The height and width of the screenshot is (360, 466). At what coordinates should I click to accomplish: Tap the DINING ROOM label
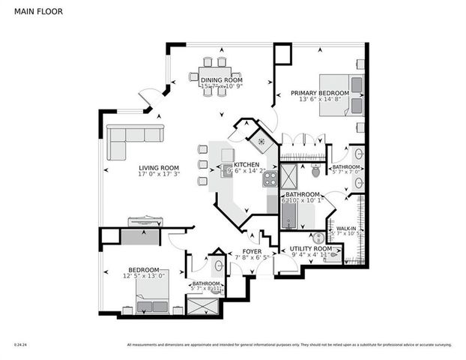222,79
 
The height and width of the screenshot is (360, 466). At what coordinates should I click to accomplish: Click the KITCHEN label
246,165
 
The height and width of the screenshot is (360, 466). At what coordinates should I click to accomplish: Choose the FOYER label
251,252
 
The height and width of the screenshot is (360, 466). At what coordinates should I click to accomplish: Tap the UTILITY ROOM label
312,248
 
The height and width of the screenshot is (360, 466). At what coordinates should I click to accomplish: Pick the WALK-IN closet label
346,228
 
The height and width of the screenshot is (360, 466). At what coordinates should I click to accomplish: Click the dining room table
215,76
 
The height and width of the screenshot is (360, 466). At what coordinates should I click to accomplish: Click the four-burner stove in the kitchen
270,178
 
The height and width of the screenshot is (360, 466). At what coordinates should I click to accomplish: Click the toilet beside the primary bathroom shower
315,172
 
